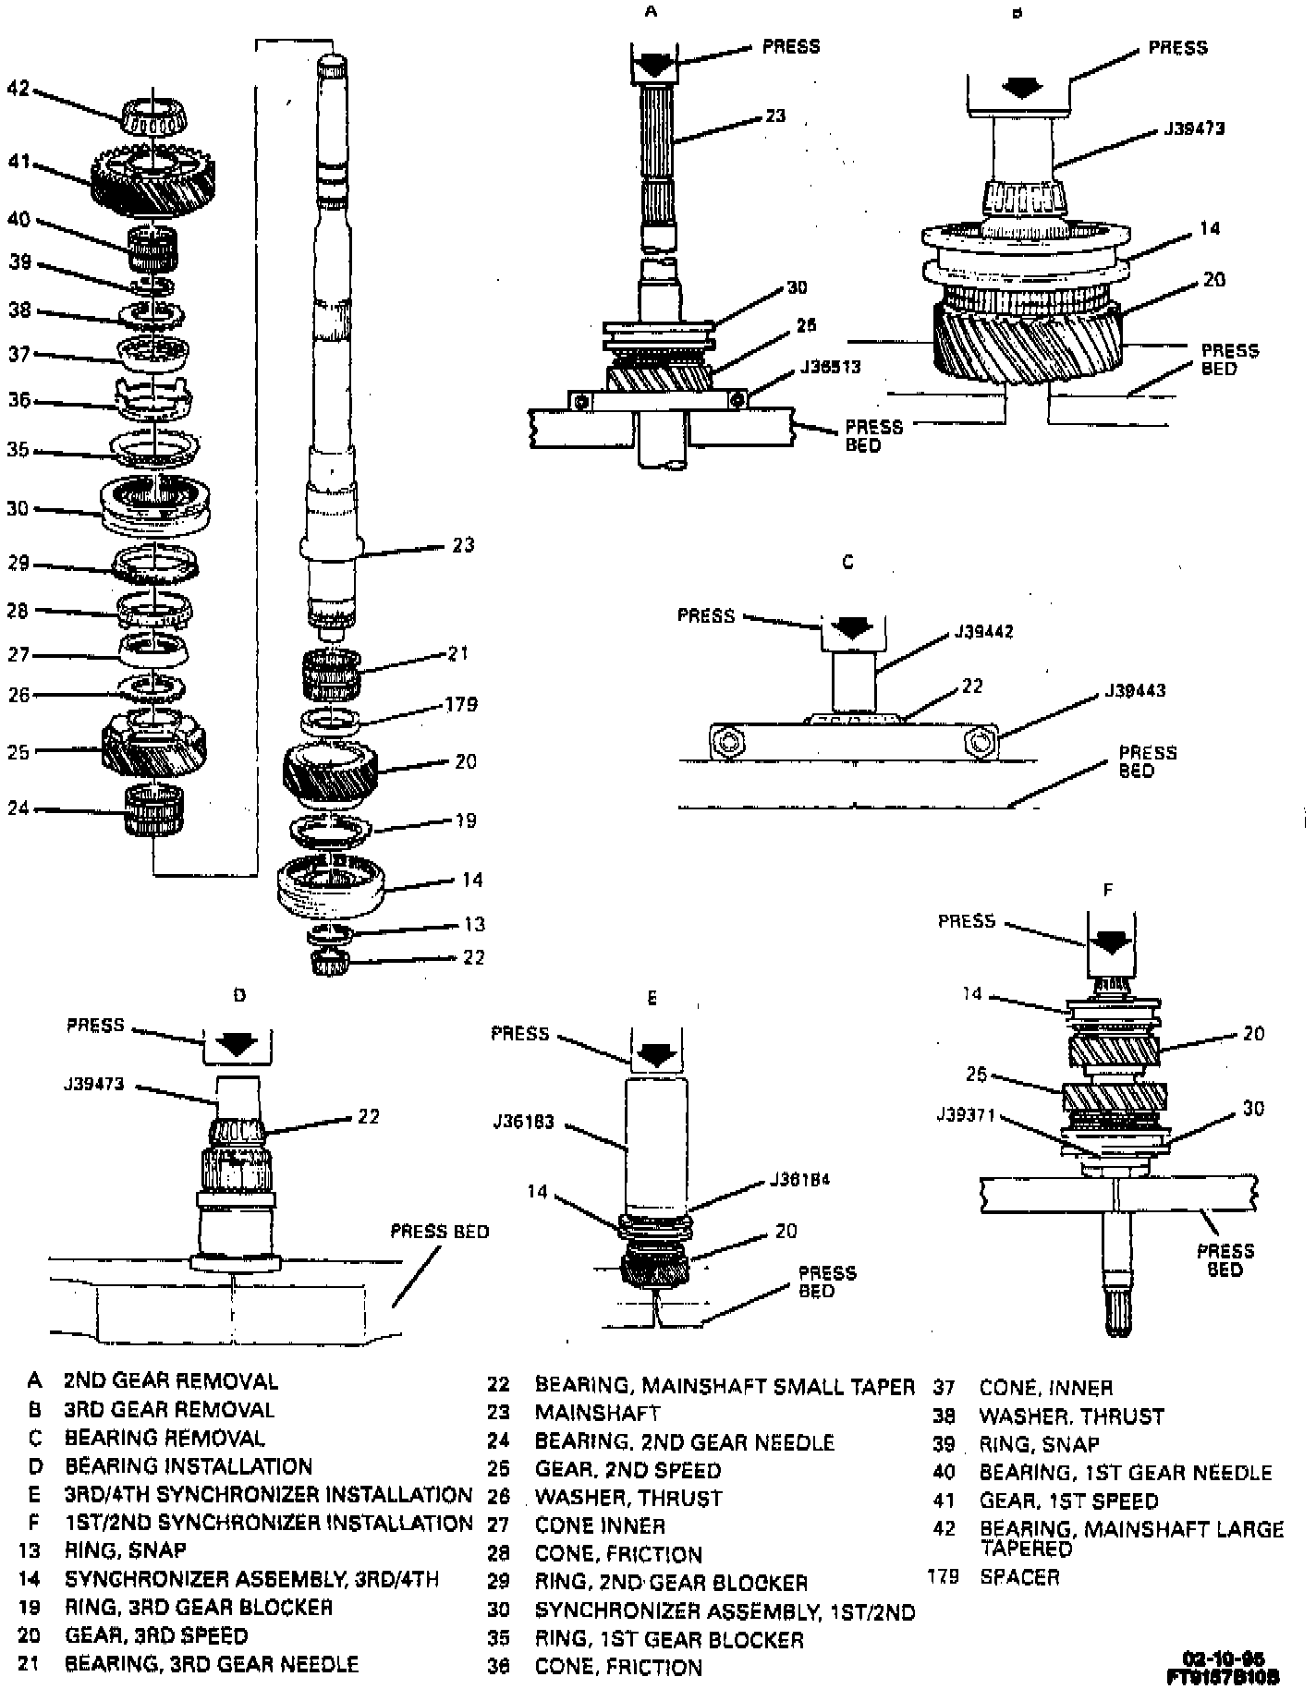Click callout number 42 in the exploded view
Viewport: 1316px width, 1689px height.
(x=18, y=90)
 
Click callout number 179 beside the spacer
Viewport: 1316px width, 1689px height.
(x=460, y=705)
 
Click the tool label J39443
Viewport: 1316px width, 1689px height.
(x=1134, y=690)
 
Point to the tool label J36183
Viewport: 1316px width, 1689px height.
(x=524, y=1122)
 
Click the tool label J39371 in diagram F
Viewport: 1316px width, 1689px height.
(x=965, y=1114)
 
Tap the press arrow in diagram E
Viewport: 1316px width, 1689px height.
(x=657, y=1052)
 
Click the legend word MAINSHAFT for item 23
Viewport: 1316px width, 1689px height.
(x=597, y=1413)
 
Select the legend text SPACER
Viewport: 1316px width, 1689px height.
(x=1018, y=1577)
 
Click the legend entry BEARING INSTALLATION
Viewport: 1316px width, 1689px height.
(x=189, y=1466)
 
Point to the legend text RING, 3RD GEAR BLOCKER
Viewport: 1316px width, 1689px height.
(x=198, y=1607)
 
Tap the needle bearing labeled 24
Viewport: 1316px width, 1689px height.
(x=154, y=808)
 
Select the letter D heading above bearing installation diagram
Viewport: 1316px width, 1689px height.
(x=238, y=995)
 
